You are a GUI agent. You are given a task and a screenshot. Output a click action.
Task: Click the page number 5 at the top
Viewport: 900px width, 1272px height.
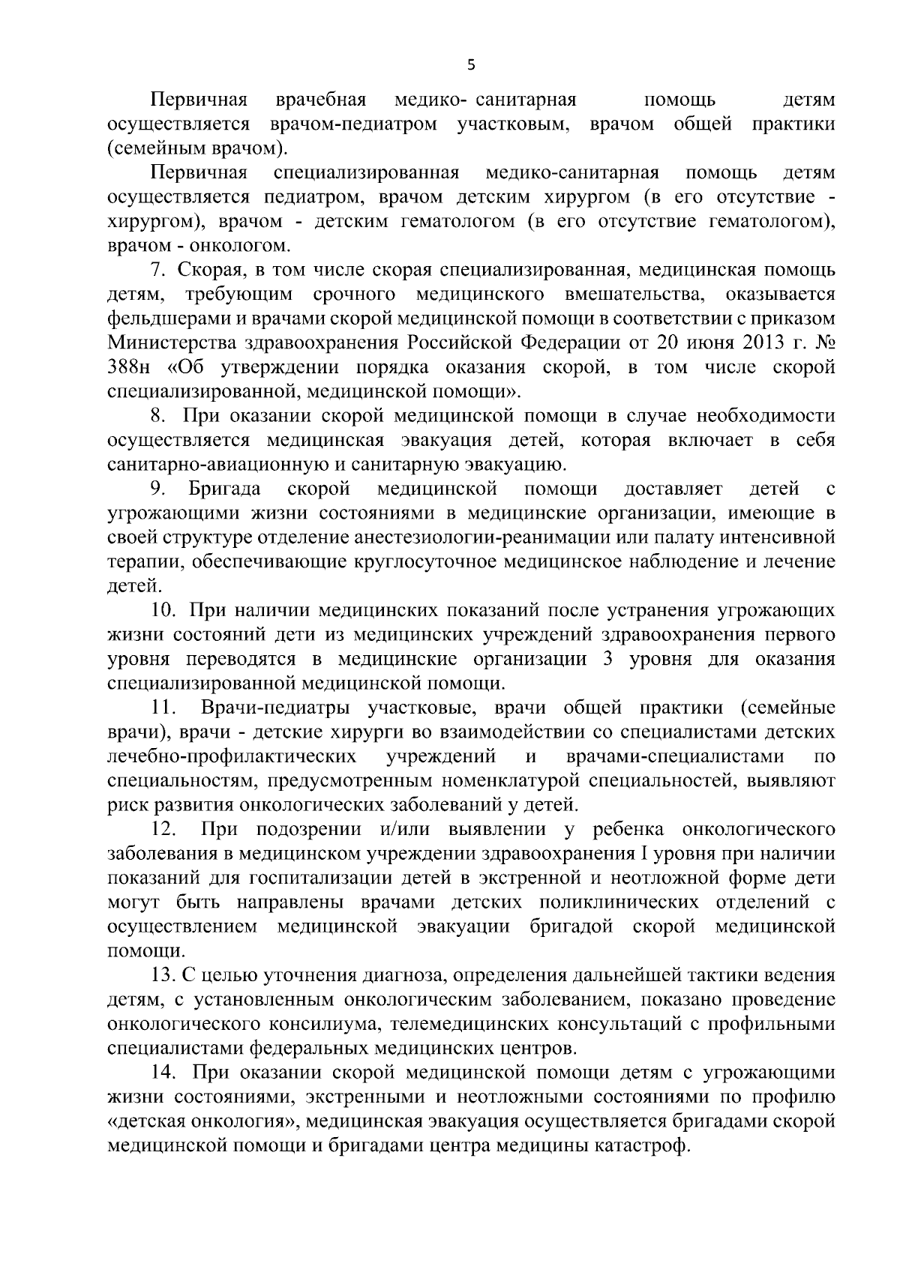coord(471,64)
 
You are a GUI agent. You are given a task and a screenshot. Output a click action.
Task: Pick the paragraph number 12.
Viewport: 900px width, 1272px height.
coord(163,830)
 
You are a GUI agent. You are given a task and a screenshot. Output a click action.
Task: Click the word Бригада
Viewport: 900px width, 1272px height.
coord(225,489)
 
